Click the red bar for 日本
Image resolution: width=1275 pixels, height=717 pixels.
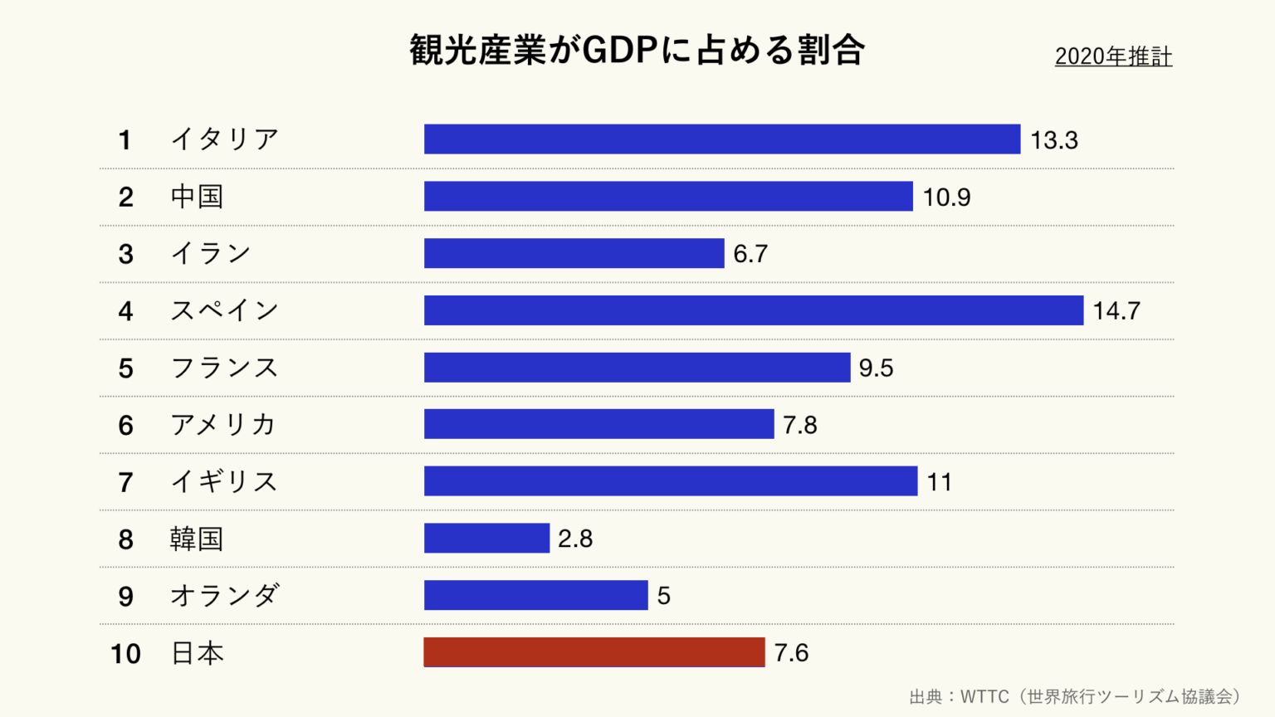pos(594,652)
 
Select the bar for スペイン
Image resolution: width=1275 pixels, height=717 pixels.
pos(753,310)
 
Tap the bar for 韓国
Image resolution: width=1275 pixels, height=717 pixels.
pos(486,538)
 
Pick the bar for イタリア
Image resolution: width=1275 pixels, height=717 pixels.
pos(721,139)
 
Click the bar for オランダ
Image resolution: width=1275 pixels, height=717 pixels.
pos(535,595)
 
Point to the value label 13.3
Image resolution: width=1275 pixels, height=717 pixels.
pos(1053,140)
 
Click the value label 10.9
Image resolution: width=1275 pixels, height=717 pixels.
pos(946,198)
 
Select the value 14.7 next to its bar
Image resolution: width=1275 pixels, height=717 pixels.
pos(1116,311)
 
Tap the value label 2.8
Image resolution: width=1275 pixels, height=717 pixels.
pos(575,539)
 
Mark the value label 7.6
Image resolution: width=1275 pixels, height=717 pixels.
pos(791,653)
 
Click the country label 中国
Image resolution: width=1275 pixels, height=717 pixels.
pos(197,197)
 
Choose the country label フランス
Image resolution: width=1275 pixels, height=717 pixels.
pos(224,368)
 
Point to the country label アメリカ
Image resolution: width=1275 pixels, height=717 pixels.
pos(223,425)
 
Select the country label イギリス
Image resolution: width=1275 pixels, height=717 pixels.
pos(224,481)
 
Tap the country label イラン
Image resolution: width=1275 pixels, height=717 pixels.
pos(211,253)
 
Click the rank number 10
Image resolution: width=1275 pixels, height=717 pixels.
pos(125,654)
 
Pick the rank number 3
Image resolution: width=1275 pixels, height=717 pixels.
pos(125,254)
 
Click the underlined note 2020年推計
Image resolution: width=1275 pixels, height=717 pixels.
pos(1113,56)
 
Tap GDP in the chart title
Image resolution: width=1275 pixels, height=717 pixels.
pos(620,51)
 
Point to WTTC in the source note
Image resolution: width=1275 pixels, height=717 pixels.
pos(984,696)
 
